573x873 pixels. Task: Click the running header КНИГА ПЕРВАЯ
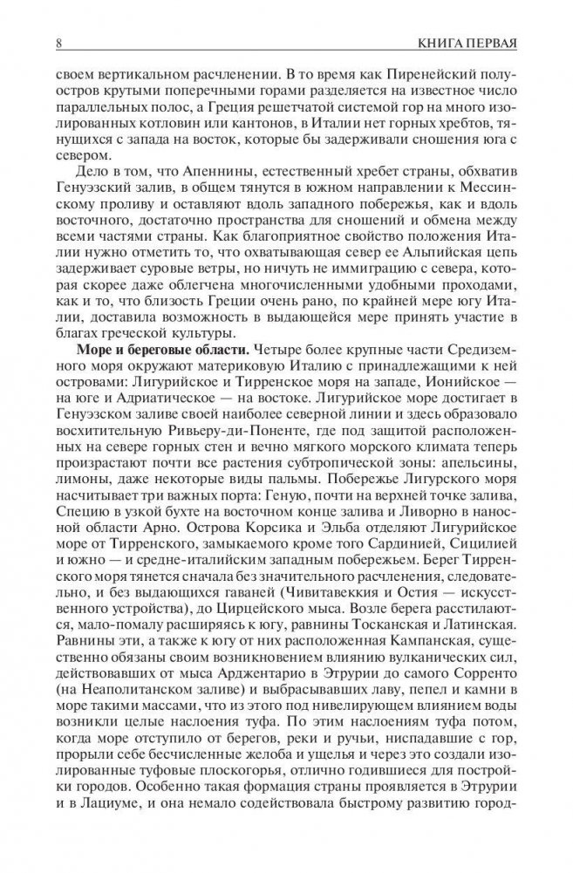coord(467,41)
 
